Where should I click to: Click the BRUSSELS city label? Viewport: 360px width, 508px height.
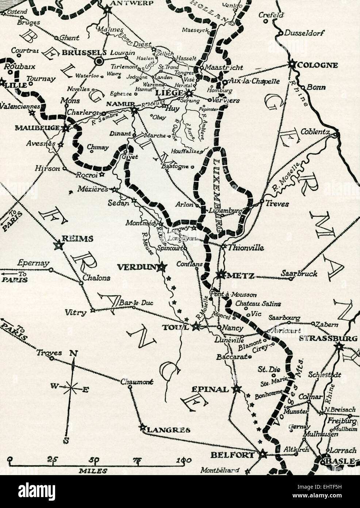click(79, 53)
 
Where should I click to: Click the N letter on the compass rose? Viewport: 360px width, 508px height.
click(73, 353)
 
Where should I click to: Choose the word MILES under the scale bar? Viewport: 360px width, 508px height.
click(93, 471)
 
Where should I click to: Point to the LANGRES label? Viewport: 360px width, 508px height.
click(168, 430)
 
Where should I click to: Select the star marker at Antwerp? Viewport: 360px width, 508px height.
click(108, 10)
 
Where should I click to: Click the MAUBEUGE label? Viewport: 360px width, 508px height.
click(37, 128)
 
